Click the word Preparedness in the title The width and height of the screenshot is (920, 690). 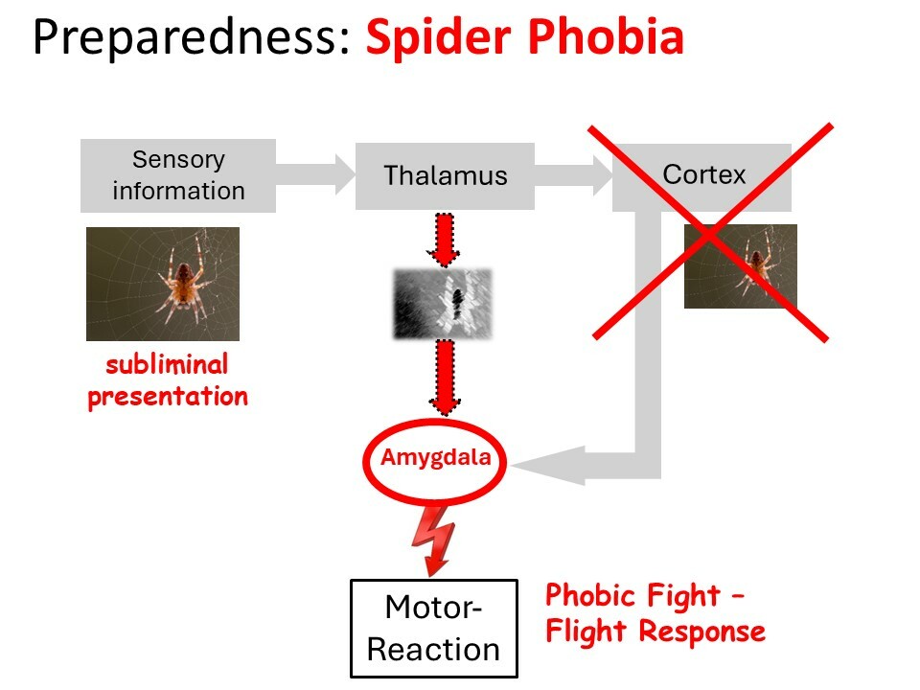pos(192,37)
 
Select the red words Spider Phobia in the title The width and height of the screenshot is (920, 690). pos(525,36)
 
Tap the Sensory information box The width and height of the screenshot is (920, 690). pos(178,175)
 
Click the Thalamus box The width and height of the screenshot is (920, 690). pos(445,175)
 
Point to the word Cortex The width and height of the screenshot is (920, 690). pos(703,174)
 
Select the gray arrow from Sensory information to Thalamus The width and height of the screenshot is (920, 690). pos(315,174)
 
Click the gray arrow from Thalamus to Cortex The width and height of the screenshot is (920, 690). pos(573,175)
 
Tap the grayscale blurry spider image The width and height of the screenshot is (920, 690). pos(443,304)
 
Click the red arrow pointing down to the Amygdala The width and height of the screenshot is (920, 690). pos(445,378)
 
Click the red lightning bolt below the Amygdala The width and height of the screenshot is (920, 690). pos(433,540)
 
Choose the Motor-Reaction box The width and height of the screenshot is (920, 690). pos(434,629)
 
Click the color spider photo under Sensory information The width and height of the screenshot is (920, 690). pos(163,284)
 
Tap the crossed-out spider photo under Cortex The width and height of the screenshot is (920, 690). pos(741,266)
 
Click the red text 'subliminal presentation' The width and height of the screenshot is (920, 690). pos(168,380)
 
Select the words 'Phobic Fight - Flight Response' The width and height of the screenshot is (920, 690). pos(655,613)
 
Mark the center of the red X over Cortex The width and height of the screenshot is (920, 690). pos(710,234)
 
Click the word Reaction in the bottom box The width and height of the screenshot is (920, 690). pos(433,650)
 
